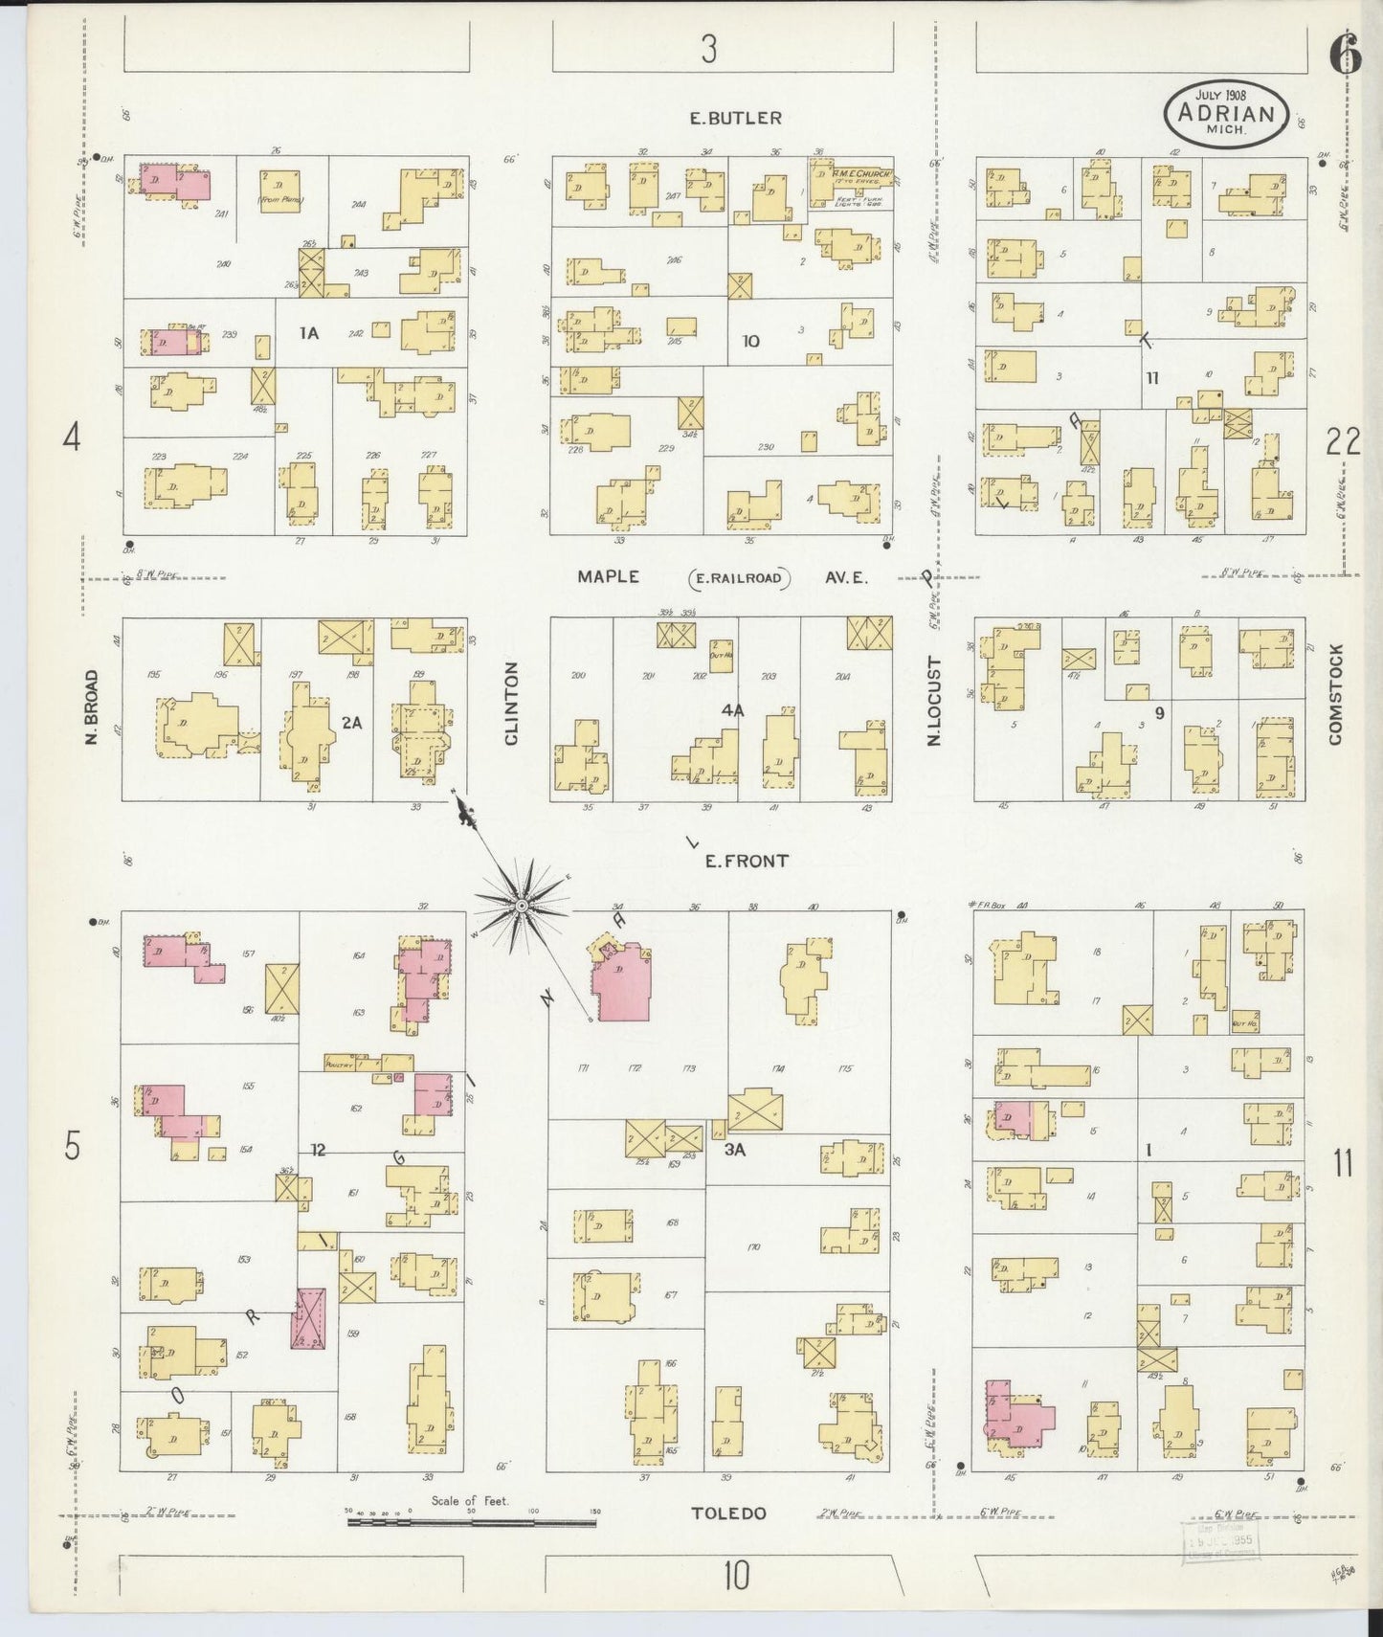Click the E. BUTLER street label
736,118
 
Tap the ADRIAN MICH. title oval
1226,114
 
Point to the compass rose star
522,905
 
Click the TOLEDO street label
728,1514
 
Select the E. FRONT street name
747,861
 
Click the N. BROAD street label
92,707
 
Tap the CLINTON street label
510,704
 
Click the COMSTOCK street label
1335,694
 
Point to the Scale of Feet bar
471,1521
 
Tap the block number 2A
352,723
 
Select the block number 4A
733,710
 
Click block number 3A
734,1150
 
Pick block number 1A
308,333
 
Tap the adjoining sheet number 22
1343,441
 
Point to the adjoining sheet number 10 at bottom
735,1575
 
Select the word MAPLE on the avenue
608,576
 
